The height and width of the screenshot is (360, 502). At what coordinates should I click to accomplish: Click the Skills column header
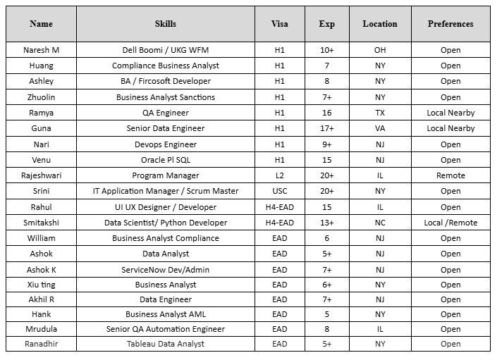(166, 24)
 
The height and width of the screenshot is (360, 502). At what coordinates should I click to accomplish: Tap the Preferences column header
(451, 24)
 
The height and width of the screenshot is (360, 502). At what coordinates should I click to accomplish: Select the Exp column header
(326, 24)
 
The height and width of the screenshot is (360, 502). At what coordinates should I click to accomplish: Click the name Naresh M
(41, 50)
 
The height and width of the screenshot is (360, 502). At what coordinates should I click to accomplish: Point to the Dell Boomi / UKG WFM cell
(166, 50)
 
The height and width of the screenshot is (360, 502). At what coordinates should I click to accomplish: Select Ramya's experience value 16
(326, 113)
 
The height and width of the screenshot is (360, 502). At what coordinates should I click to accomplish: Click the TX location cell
(380, 113)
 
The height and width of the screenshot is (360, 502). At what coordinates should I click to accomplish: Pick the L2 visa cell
(280, 175)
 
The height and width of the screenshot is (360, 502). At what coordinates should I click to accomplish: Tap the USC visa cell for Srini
(280, 191)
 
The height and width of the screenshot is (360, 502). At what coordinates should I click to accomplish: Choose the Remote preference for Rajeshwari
(451, 175)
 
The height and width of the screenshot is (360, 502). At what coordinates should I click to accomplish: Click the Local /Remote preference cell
(451, 223)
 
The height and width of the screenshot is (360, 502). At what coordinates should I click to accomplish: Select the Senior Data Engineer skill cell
(166, 128)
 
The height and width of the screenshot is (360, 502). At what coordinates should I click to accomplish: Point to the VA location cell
(380, 128)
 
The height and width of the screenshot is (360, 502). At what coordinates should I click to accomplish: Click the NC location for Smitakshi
(380, 223)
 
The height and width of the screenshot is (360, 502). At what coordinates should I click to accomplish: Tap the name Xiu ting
(41, 285)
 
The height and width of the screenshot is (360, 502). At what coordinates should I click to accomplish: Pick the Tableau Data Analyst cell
(166, 344)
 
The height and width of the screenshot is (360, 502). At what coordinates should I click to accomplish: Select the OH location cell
(380, 50)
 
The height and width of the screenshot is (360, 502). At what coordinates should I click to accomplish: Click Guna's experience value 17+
(326, 128)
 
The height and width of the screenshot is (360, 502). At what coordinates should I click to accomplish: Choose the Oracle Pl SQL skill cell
(166, 160)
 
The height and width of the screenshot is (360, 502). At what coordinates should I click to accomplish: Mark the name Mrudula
(41, 328)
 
